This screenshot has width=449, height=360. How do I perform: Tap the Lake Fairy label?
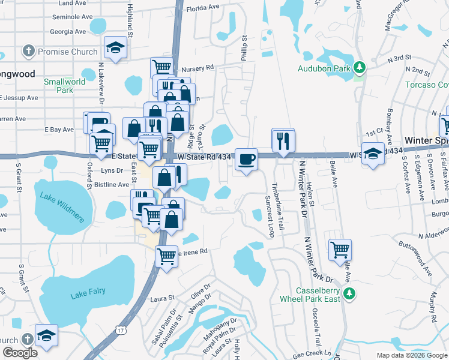[x=88, y=292]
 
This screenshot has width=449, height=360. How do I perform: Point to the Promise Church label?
[x=67, y=52]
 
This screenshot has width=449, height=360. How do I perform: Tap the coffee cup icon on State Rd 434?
[x=246, y=160]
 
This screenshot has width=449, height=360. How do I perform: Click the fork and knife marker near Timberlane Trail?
[x=283, y=141]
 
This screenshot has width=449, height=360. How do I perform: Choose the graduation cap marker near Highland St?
[x=115, y=47]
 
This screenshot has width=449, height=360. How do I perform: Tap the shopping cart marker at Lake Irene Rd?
[x=166, y=256]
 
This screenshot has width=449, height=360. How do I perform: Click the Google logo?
[x=20, y=353]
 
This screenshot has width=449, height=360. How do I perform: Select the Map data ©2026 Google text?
[x=411, y=355]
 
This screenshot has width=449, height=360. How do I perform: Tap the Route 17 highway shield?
[x=122, y=331]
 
